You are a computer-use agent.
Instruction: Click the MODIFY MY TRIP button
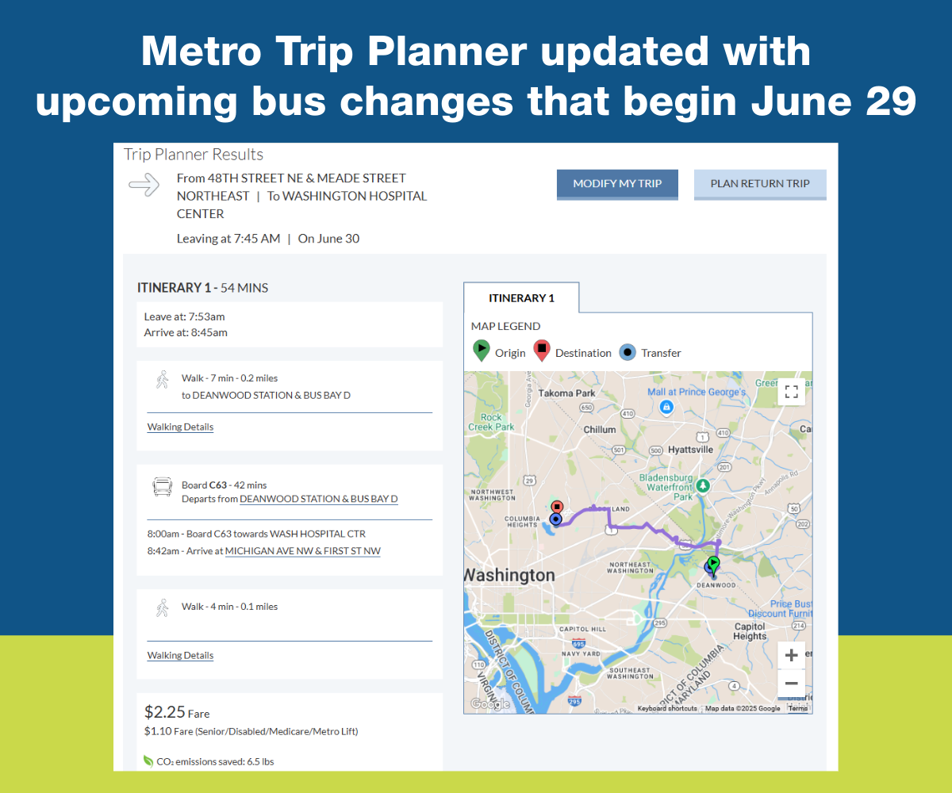coord(617,183)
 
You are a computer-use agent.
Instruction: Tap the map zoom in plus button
coord(791,656)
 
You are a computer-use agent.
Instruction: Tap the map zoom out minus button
coord(791,684)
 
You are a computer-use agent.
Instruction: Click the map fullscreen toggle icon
coord(791,391)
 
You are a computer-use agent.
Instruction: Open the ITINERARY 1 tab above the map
coord(521,298)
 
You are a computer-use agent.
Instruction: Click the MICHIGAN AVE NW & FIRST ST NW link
coord(302,551)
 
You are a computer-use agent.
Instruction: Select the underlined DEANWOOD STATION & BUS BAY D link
coord(318,499)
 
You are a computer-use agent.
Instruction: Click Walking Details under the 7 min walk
coord(180,427)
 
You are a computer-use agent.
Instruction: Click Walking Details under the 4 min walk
coord(180,655)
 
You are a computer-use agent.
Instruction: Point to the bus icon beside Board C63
coord(162,486)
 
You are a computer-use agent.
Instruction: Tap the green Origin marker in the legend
coord(481,351)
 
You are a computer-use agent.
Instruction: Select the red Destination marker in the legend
coord(542,351)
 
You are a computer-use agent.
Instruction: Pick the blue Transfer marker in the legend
coord(628,351)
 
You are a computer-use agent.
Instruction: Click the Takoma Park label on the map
coord(566,393)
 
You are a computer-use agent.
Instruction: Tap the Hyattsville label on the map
coord(690,449)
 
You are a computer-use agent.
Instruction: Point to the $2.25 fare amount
coord(164,712)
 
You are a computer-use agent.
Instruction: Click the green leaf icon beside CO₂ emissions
coord(148,761)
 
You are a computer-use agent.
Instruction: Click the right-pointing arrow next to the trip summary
coord(144,186)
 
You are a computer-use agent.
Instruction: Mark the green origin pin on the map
coord(713,562)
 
